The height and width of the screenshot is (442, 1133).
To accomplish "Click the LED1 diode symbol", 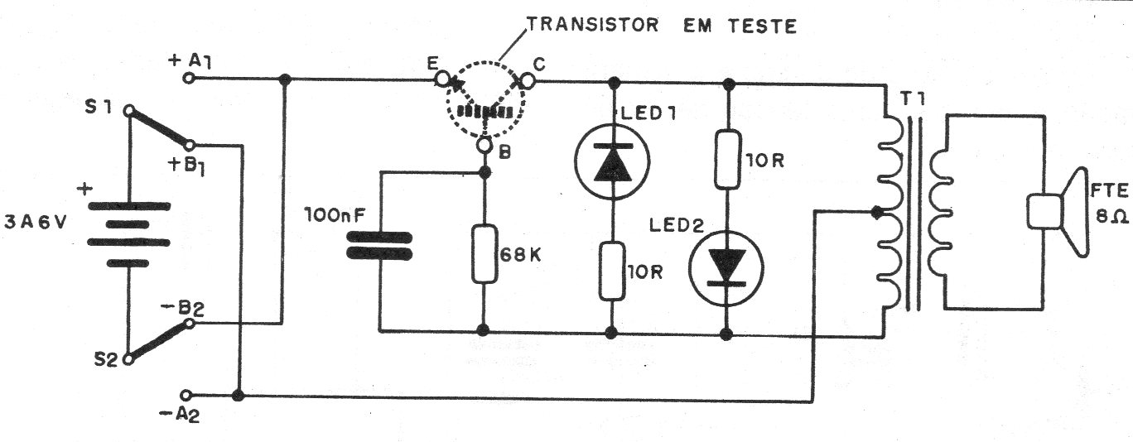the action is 612,161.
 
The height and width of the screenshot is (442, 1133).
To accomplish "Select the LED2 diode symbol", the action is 726,268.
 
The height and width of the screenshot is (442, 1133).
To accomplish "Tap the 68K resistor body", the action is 485,253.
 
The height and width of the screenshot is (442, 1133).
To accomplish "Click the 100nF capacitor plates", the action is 378,245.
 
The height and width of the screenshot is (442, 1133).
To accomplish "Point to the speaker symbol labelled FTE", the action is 1057,212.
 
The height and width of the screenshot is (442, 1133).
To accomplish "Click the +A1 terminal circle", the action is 189,79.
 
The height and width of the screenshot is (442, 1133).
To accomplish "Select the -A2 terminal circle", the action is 186,395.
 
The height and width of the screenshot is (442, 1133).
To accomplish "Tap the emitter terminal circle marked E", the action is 443,79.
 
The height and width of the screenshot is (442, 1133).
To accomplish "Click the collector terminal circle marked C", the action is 527,80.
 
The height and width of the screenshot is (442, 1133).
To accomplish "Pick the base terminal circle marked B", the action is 485,145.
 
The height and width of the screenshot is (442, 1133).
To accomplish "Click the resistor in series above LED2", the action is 727,159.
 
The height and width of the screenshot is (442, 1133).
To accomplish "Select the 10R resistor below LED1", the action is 612,271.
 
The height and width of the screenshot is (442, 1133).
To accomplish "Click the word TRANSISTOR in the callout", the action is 593,24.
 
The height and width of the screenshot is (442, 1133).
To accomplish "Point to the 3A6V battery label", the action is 35,222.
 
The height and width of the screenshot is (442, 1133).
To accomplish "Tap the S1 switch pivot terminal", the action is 129,109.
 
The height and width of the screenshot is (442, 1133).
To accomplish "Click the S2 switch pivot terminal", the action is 128,359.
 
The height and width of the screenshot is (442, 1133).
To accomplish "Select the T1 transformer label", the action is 912,99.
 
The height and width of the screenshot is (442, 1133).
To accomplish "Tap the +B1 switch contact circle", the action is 189,146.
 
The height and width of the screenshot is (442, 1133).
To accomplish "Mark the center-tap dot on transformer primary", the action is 876,213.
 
